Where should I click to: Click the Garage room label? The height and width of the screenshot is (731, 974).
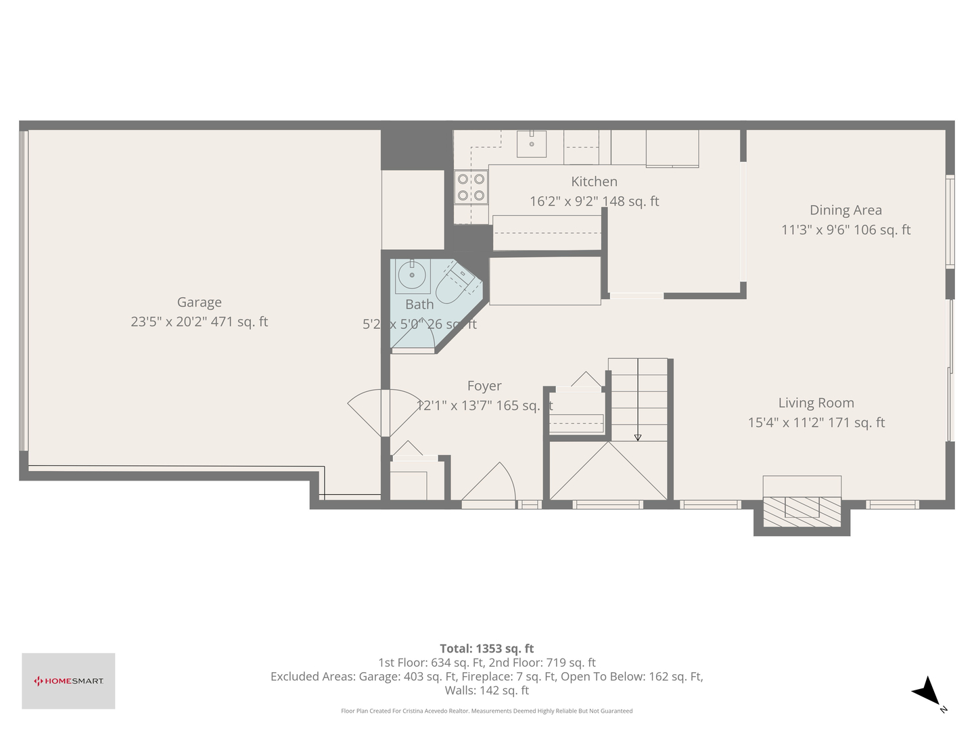click(x=199, y=303)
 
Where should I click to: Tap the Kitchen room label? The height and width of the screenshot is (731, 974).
click(x=594, y=181)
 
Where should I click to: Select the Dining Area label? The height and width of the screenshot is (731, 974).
click(x=845, y=211)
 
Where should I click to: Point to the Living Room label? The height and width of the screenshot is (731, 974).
click(x=816, y=403)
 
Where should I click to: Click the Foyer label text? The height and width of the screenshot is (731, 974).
click(x=484, y=386)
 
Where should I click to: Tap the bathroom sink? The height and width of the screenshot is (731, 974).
click(x=411, y=275)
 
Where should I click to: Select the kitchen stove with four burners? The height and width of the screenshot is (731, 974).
click(x=471, y=187)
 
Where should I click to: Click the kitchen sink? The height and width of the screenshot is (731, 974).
click(x=532, y=143)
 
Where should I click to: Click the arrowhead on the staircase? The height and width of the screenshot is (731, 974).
click(x=638, y=438)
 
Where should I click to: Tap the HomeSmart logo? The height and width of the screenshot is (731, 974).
click(x=68, y=681)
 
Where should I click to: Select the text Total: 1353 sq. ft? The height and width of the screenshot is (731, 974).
click(x=487, y=648)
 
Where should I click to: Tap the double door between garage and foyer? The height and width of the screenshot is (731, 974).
click(x=384, y=412)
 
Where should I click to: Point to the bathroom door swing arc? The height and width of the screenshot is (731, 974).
click(x=414, y=336)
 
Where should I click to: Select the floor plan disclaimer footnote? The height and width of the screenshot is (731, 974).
click(x=487, y=711)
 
